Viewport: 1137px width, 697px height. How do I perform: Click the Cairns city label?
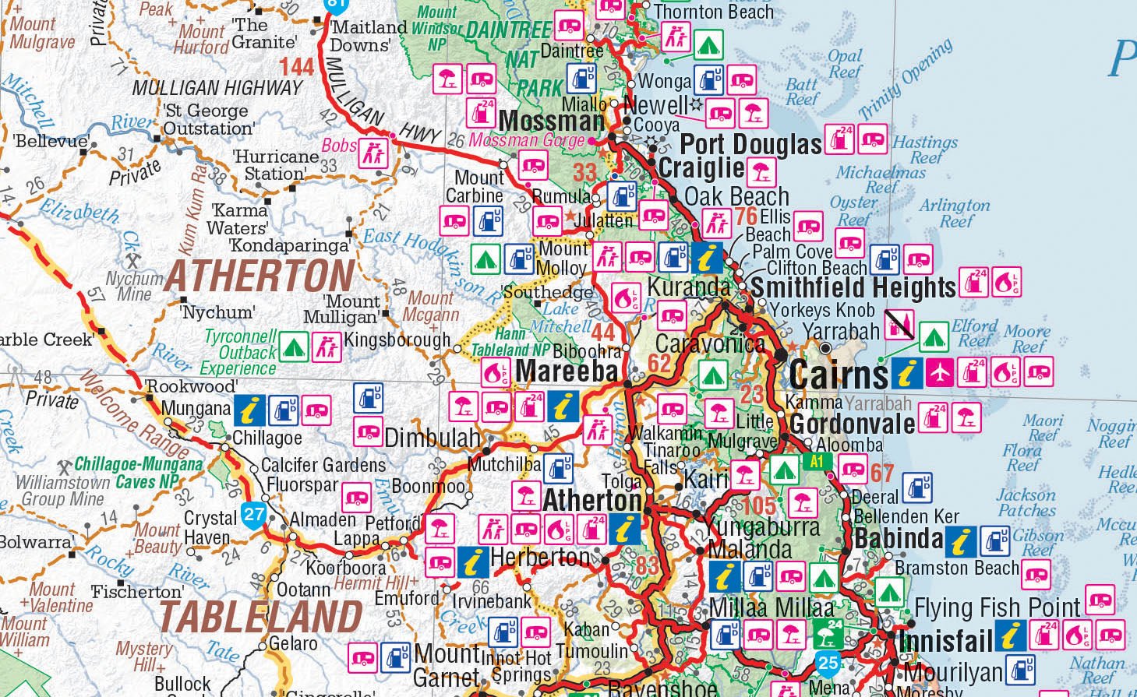pos(838,375)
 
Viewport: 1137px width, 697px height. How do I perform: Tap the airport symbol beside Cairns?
pos(940,373)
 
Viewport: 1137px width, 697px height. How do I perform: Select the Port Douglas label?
pos(750,144)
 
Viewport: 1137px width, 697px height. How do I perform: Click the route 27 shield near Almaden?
pos(254,514)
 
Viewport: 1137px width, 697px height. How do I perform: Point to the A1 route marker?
pos(817,462)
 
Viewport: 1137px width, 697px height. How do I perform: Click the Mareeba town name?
pos(567,371)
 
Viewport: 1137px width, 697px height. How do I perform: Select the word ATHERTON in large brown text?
pos(260,276)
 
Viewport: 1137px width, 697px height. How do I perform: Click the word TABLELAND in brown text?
pos(261,616)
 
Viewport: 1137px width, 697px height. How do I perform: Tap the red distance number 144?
pos(296,67)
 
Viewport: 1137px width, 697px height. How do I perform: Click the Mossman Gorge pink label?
pos(526,141)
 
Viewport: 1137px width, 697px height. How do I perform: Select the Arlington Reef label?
pos(955,213)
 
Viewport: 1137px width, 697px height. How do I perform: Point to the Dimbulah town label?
pos(432,438)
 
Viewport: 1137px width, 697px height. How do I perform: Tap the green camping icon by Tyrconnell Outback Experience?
pos(294,347)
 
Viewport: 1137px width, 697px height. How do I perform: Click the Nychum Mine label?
pos(134,286)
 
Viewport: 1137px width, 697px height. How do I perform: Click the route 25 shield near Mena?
pos(828,664)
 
